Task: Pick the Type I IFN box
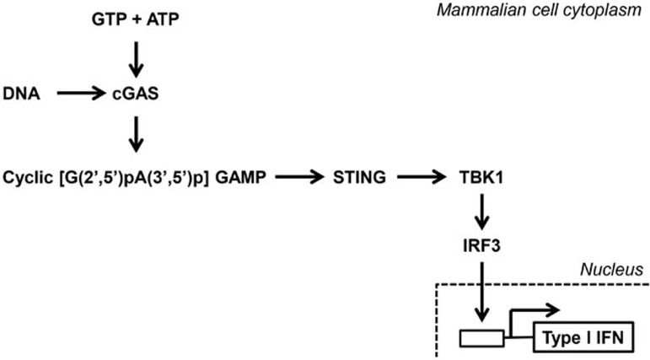583,339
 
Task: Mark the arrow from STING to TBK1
426,177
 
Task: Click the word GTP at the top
108,18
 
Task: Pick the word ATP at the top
163,18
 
